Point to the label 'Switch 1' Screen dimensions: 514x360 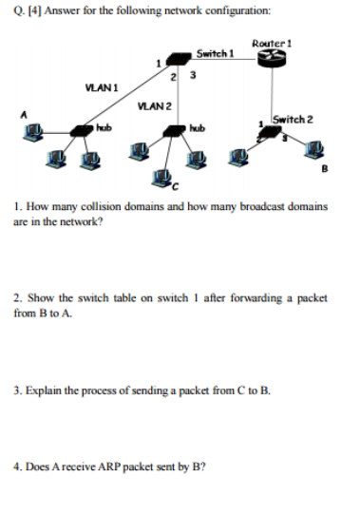[x=215, y=53]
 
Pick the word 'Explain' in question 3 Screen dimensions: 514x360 [x=44, y=390]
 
